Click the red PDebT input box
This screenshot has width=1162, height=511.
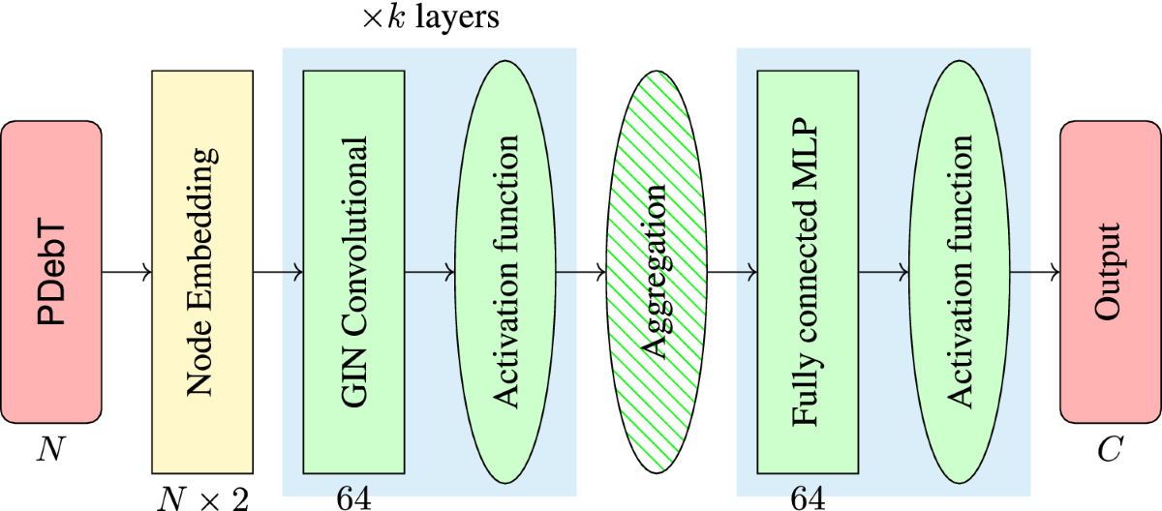pos(52,272)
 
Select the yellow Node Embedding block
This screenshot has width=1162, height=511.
pos(202,272)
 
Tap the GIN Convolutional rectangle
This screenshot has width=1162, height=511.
pos(353,272)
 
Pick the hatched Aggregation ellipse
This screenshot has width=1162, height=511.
pos(657,272)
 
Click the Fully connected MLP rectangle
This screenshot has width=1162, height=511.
pos(808,272)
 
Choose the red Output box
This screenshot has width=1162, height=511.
pos(1110,272)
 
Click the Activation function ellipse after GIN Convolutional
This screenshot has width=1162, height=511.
pos(505,272)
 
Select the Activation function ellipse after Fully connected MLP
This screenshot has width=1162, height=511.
pos(959,272)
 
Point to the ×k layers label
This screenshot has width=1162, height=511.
pos(430,19)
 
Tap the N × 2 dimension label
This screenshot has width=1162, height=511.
pos(203,497)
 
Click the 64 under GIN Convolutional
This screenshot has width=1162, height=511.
pos(352,497)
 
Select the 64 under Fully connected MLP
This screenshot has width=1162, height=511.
pos(807,497)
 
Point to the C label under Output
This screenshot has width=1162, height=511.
pos(1110,451)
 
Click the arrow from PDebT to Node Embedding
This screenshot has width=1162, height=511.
pos(127,272)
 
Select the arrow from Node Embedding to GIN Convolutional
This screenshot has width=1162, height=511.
pos(278,272)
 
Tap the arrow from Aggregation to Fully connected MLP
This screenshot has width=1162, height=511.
pos(732,272)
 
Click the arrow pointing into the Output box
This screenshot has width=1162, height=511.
pos(1035,272)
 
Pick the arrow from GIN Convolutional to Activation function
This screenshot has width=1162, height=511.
pos(429,272)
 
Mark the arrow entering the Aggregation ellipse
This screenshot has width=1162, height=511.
pos(580,272)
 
